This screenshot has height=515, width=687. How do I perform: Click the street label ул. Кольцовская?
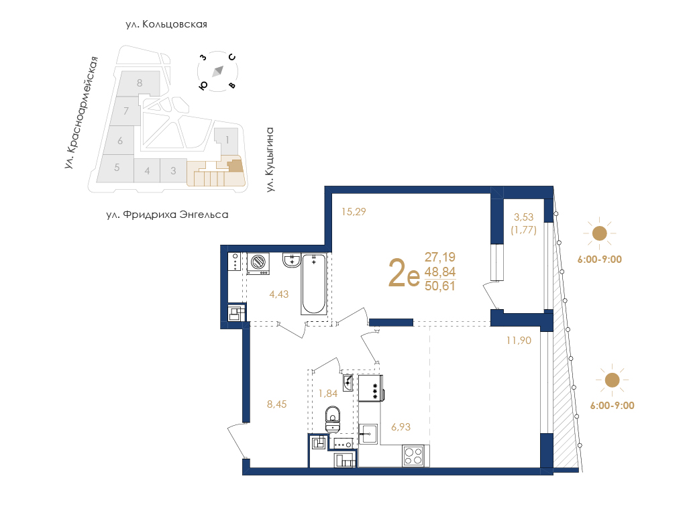click(166, 25)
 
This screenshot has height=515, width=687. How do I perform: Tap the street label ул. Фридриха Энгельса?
click(167, 215)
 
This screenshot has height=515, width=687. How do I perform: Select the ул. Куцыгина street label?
click(270, 160)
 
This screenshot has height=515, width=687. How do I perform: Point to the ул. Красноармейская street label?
click(81, 113)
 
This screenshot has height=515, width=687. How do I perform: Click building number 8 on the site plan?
click(140, 82)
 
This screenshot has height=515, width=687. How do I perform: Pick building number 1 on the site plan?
click(227, 140)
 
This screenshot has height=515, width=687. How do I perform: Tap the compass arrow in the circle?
click(218, 71)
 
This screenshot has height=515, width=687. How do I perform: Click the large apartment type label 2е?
click(403, 272)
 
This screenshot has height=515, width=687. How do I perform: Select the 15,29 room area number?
click(354, 212)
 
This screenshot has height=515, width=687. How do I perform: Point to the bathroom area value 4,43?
click(279, 294)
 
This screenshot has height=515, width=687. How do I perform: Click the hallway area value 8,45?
click(277, 404)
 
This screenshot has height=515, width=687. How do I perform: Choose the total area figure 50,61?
click(440, 286)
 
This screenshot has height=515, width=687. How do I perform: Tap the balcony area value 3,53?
click(523, 217)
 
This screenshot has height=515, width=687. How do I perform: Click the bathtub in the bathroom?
click(314, 284)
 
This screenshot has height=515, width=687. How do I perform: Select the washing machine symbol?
click(258, 264)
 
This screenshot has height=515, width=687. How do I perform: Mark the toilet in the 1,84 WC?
click(333, 419)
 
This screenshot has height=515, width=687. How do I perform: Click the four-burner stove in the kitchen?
click(413, 456)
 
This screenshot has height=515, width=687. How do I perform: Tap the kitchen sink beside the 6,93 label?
click(368, 434)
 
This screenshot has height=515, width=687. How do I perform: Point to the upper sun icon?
click(599, 233)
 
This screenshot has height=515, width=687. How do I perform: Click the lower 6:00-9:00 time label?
click(612, 406)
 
